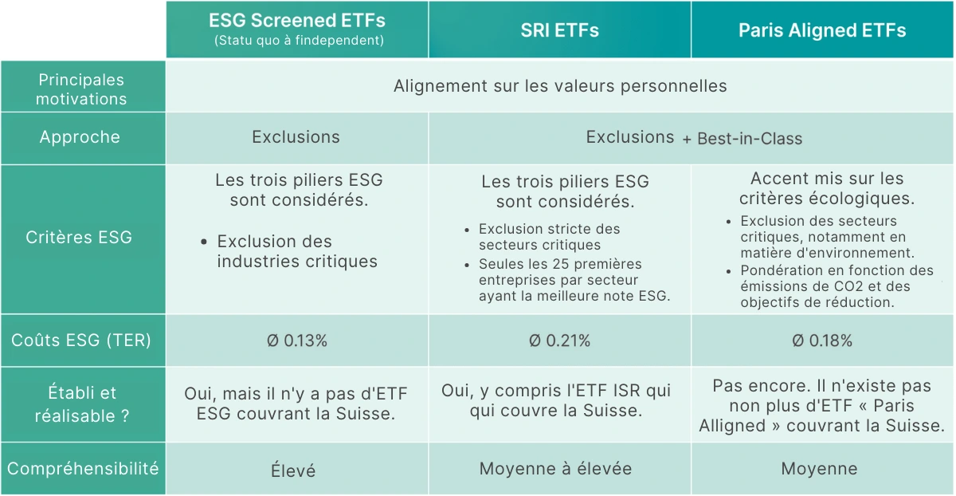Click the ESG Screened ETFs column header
(x=297, y=21)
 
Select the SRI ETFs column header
(x=559, y=30)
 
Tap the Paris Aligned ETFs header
(x=822, y=30)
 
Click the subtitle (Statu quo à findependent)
(x=299, y=41)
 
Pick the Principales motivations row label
(x=81, y=89)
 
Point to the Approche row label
(x=80, y=137)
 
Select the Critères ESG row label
(x=79, y=237)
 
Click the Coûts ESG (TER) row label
(x=81, y=341)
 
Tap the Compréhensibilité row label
(x=83, y=469)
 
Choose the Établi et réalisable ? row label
(x=82, y=404)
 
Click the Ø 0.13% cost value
(x=297, y=341)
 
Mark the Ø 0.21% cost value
(x=559, y=341)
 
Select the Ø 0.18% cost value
(x=822, y=341)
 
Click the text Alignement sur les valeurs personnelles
(x=560, y=86)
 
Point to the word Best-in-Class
(x=750, y=139)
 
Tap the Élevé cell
(x=293, y=470)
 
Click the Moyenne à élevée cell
(x=555, y=469)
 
